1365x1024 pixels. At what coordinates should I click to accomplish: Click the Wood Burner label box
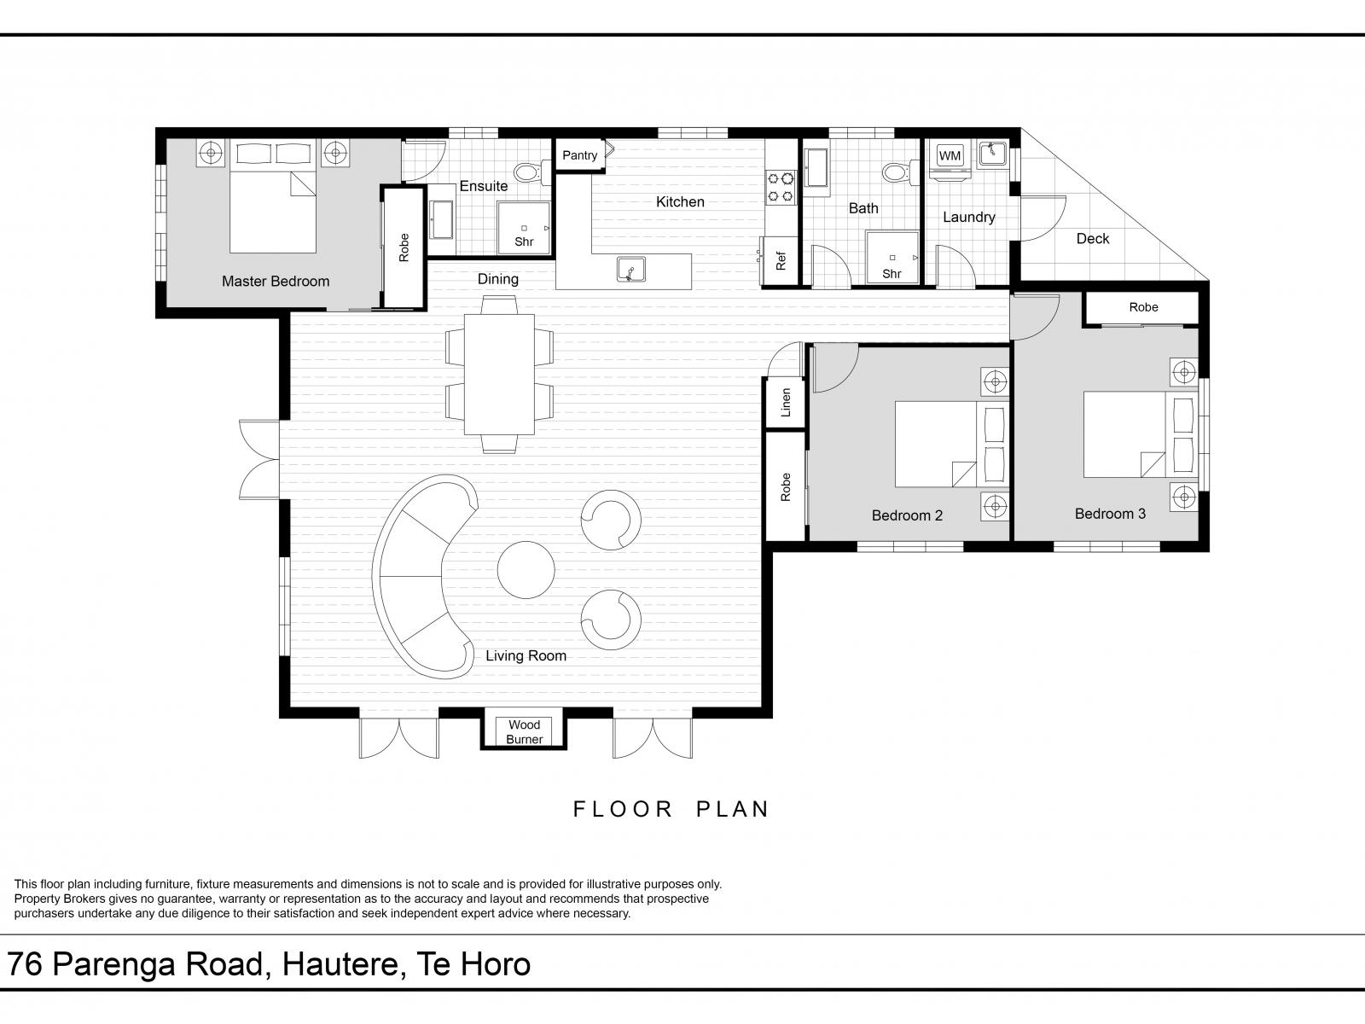524,731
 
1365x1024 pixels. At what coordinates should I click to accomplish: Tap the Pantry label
579,155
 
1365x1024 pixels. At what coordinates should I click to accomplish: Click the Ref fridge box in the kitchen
781,260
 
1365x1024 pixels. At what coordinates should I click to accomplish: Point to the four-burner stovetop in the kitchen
781,187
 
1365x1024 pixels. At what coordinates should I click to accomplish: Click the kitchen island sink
631,270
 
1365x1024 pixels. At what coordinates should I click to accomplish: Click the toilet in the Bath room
901,172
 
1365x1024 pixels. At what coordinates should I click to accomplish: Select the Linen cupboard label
786,402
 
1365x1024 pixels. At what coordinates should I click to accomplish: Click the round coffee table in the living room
526,569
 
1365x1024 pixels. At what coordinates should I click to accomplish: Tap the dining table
499,375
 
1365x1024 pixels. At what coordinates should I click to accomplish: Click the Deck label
1093,239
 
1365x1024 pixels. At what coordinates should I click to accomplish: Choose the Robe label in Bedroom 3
1144,307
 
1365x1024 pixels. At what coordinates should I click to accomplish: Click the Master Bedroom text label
276,282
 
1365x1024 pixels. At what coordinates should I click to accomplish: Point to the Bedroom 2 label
907,515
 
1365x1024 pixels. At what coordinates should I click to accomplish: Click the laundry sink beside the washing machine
992,154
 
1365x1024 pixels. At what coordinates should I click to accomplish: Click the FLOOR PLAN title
671,809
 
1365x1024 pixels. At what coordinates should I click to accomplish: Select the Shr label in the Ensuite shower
524,241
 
